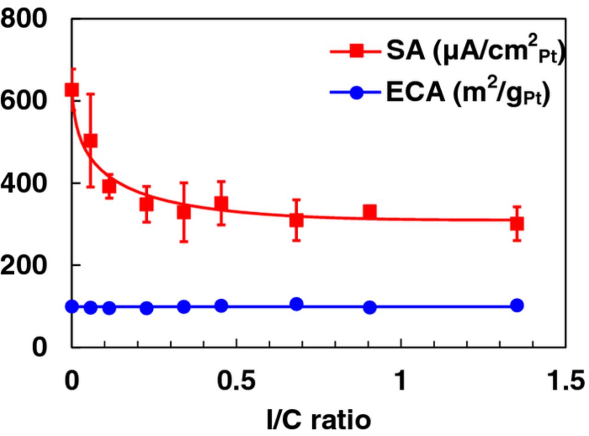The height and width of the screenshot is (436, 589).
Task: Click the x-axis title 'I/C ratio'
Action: point(318,419)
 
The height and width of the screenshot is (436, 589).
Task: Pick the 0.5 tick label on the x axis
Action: point(236,382)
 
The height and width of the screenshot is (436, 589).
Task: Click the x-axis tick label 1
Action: point(401,382)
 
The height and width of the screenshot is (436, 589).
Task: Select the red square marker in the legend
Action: point(356,52)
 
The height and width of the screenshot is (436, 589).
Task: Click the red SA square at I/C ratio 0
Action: point(72,89)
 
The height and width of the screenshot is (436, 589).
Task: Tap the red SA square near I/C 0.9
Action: point(370,212)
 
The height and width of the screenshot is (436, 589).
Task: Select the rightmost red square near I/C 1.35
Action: point(517,224)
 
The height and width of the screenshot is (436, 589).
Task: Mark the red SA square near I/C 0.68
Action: point(297,220)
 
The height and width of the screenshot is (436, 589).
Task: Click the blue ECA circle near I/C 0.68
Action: point(297,304)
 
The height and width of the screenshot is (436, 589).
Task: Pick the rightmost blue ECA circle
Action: point(517,305)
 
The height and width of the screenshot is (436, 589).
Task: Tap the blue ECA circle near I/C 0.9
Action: point(370,307)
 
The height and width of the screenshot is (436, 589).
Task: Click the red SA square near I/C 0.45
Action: point(221,203)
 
